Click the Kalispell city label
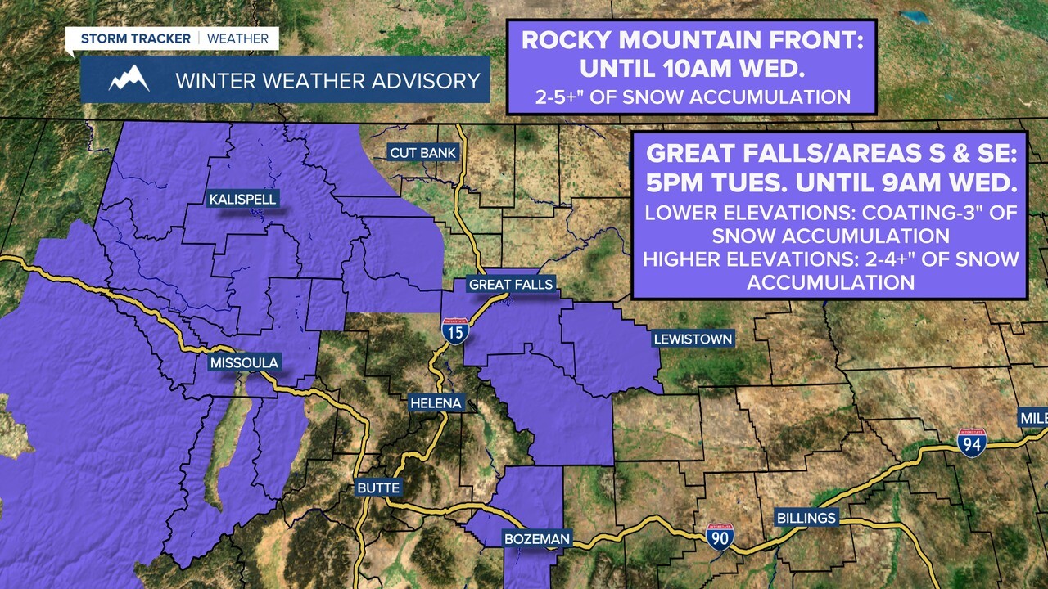click(242, 199)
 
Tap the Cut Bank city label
click(422, 153)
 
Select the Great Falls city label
click(510, 285)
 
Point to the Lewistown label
click(692, 339)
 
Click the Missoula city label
click(244, 362)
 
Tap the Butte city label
click(378, 488)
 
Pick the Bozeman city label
click(536, 539)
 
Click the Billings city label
click(806, 518)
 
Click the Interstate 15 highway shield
click(455, 331)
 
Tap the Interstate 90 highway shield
click(720, 537)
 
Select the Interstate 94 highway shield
click(972, 443)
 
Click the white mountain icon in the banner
click(129, 79)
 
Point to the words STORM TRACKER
click(135, 38)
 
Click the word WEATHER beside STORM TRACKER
click(237, 38)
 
